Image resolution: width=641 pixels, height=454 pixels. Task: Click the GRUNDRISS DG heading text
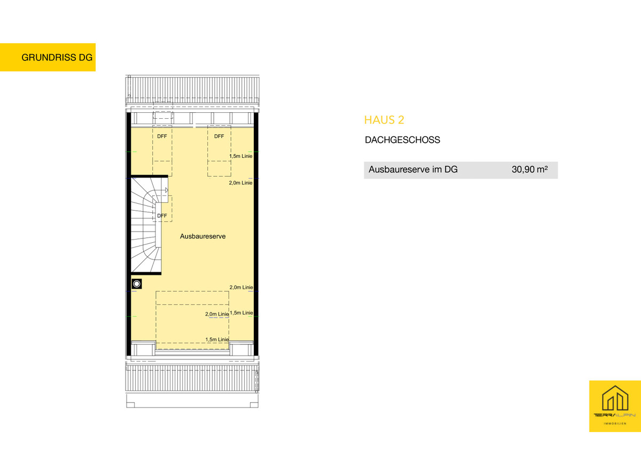click(x=57, y=57)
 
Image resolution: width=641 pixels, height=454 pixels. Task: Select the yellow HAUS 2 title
click(x=384, y=120)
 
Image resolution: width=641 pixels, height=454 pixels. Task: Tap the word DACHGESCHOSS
click(x=402, y=140)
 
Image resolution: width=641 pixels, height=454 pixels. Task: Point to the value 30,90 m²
click(x=530, y=170)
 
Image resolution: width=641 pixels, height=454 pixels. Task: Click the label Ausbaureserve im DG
click(x=413, y=170)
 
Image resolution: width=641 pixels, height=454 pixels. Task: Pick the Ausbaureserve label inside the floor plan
click(x=202, y=236)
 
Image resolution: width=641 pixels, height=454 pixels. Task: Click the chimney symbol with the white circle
click(x=137, y=284)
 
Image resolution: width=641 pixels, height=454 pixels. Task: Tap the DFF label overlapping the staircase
click(x=162, y=216)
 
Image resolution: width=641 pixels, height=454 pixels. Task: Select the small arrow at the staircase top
click(x=167, y=190)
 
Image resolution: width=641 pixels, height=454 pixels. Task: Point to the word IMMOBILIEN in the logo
click(x=615, y=424)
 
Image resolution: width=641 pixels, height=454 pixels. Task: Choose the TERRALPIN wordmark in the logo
click(x=615, y=415)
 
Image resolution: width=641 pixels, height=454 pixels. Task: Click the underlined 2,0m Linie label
click(x=217, y=314)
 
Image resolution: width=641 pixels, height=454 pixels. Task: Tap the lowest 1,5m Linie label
click(x=217, y=340)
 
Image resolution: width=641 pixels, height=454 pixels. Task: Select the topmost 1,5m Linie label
click(x=241, y=156)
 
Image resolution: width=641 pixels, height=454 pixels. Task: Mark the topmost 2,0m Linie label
click(x=241, y=183)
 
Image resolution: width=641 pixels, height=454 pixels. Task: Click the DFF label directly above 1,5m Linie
click(x=219, y=136)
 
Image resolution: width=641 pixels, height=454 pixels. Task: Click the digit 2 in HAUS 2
click(x=401, y=120)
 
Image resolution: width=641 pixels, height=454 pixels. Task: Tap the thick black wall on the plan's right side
click(x=256, y=234)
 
